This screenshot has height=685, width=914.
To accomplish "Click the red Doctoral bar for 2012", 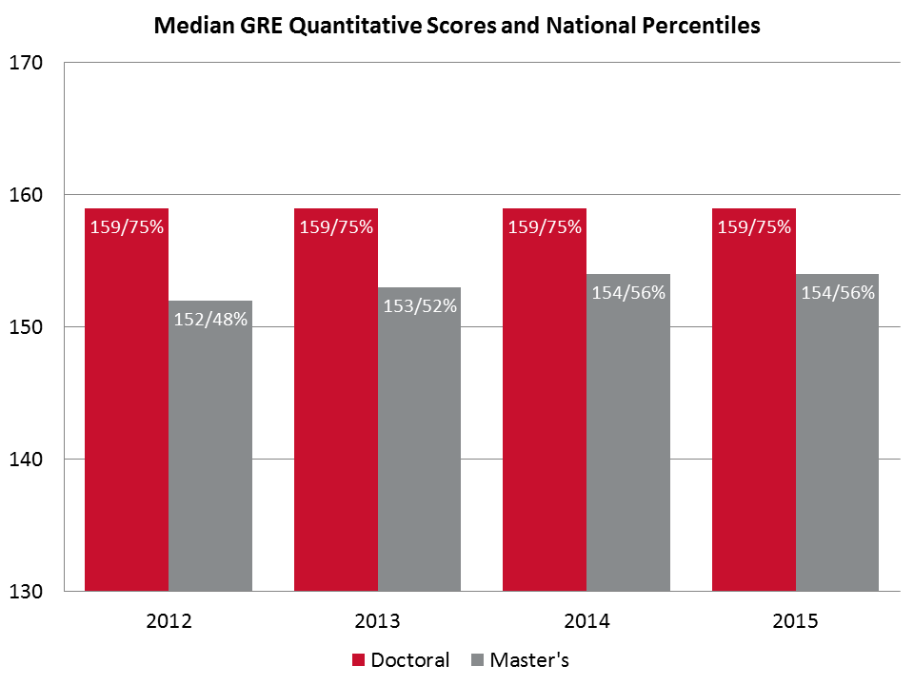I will click(x=127, y=409).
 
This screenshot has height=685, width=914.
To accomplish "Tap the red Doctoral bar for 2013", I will click(x=336, y=409).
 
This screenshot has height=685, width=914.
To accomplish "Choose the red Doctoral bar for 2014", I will click(x=545, y=409).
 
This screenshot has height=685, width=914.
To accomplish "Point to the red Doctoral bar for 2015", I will click(x=754, y=409).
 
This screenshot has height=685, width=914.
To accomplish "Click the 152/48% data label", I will click(x=210, y=320).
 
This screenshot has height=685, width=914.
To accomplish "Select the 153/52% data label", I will click(x=420, y=306).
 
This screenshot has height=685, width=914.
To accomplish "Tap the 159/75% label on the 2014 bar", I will click(x=545, y=227).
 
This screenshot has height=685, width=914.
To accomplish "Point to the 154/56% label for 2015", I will click(x=838, y=293).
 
